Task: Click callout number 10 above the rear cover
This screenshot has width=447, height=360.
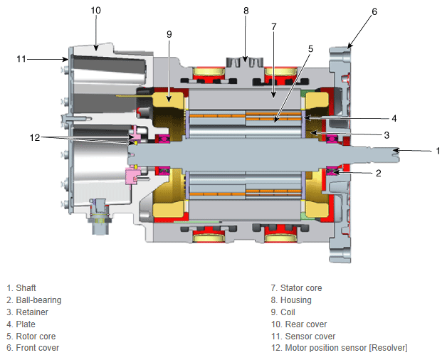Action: pyautogui.click(x=96, y=11)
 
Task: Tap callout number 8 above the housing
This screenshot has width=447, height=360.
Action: pyautogui.click(x=246, y=11)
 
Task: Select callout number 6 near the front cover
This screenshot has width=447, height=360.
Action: pyautogui.click(x=374, y=11)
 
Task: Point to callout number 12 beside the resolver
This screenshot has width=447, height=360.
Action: pyautogui.click(x=35, y=138)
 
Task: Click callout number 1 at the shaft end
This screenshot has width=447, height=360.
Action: pyautogui.click(x=438, y=151)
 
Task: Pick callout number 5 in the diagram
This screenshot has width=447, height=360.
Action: pyautogui.click(x=310, y=49)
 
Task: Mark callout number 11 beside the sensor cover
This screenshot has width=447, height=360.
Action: pyautogui.click(x=21, y=59)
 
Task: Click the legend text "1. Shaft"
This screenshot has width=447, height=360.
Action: pyautogui.click(x=21, y=288)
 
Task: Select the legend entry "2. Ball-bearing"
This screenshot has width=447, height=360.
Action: pyautogui.click(x=34, y=300)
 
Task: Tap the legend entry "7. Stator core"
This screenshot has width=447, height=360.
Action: pyautogui.click(x=297, y=288)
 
